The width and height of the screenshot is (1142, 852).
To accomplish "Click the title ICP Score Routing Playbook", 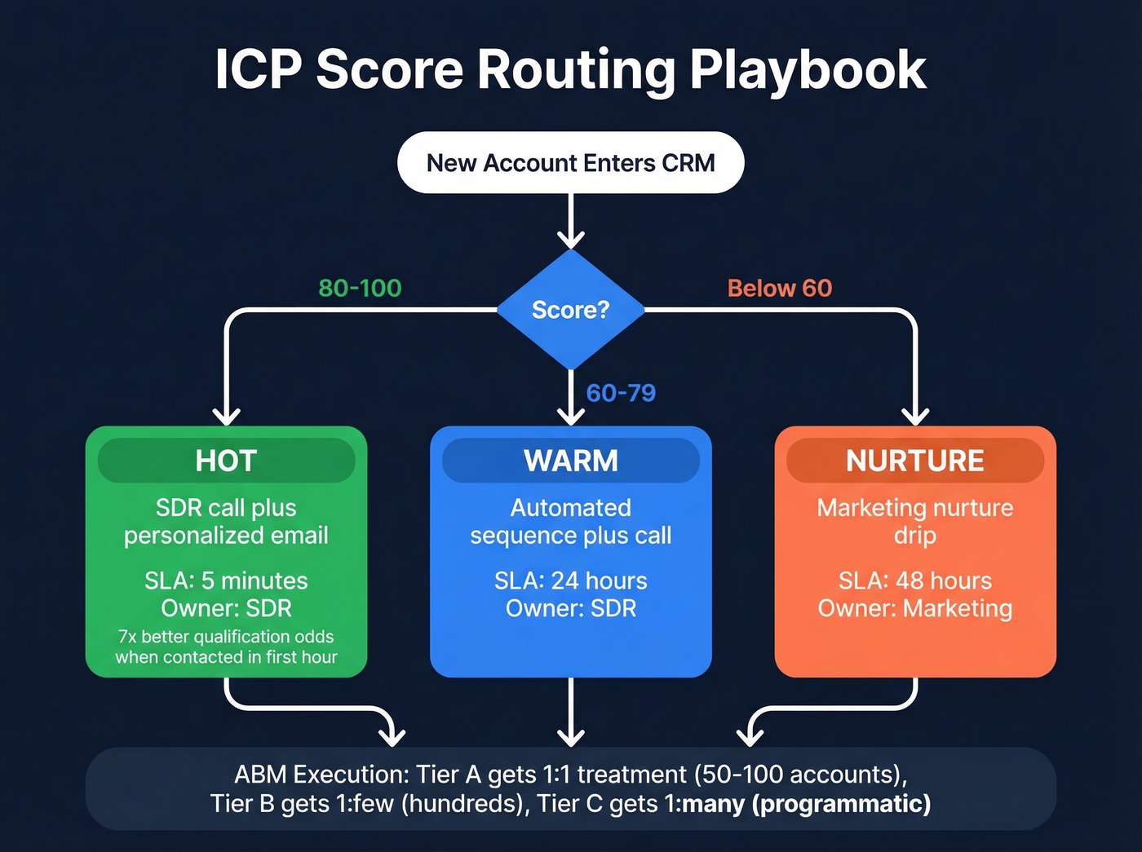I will point(570,69).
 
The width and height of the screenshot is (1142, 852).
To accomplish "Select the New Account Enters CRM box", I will point(570,163).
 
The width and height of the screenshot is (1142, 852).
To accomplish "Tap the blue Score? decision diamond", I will point(570,310).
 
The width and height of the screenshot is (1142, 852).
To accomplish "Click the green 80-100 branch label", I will point(360,288).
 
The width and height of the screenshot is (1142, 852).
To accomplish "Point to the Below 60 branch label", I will point(779,288).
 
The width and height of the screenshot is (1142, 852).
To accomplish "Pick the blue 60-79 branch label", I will point(621,393).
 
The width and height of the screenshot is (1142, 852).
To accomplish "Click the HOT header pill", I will point(226,461).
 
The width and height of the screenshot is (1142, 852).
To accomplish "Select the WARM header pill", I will point(570,461).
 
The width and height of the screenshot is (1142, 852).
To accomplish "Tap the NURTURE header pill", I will point(914,461).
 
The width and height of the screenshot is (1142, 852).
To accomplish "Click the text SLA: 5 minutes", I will point(226,581).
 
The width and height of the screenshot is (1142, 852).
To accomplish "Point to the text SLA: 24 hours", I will point(570,581).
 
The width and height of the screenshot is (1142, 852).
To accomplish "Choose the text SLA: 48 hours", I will point(914,581).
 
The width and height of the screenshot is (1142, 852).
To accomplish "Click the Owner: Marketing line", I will point(914,608).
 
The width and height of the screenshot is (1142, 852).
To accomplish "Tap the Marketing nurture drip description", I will point(914,521).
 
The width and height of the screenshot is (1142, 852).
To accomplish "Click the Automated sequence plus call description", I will point(570,521).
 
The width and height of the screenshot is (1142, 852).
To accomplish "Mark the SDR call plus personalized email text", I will point(226,521).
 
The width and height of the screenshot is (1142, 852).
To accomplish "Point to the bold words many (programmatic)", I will point(807,804).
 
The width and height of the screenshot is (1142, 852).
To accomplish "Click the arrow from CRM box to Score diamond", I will point(570,220).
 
